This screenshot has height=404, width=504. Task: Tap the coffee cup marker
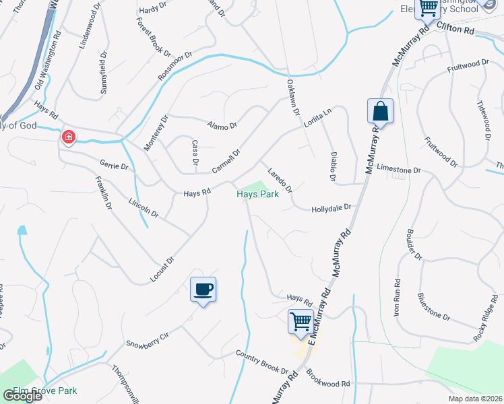(203, 290)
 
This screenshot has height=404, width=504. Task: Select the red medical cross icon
(68, 137)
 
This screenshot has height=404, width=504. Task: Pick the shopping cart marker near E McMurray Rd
(301, 321)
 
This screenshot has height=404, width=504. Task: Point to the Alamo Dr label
(222, 125)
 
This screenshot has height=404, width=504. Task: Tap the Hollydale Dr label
(332, 209)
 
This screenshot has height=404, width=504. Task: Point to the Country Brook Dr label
(261, 362)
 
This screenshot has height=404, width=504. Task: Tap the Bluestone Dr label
(433, 306)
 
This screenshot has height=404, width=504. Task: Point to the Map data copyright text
(474, 399)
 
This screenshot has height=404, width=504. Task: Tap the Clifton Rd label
(455, 28)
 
